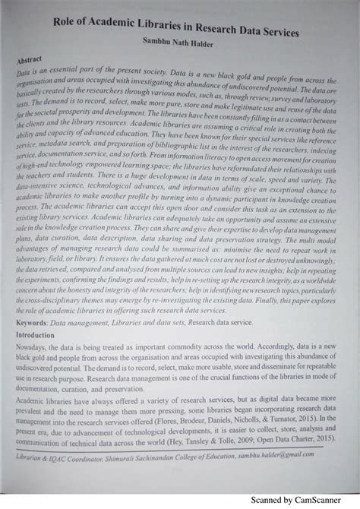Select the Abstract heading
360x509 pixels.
click(32, 58)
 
